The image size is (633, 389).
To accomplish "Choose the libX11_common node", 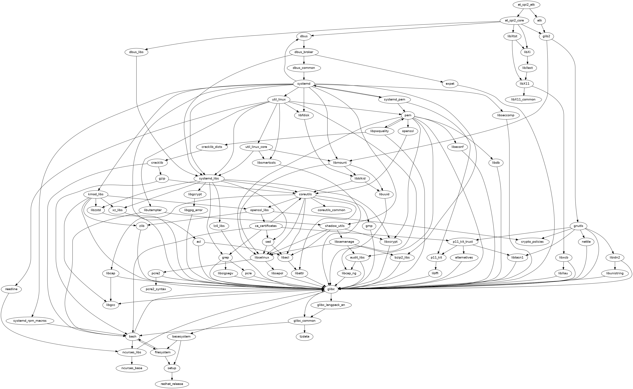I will [x=523, y=99].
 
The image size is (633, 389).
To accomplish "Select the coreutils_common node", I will [x=331, y=210].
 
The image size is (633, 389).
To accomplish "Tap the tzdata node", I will [x=305, y=336].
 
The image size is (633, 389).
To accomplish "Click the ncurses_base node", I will [x=132, y=368].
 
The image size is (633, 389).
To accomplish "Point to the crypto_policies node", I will [x=532, y=242].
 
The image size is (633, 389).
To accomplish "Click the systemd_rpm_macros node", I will [x=30, y=321].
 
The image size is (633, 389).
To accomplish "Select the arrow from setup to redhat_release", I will [x=172, y=376].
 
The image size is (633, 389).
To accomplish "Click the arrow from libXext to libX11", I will [x=526, y=76].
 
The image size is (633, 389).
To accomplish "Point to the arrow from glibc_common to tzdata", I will [x=305, y=329].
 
